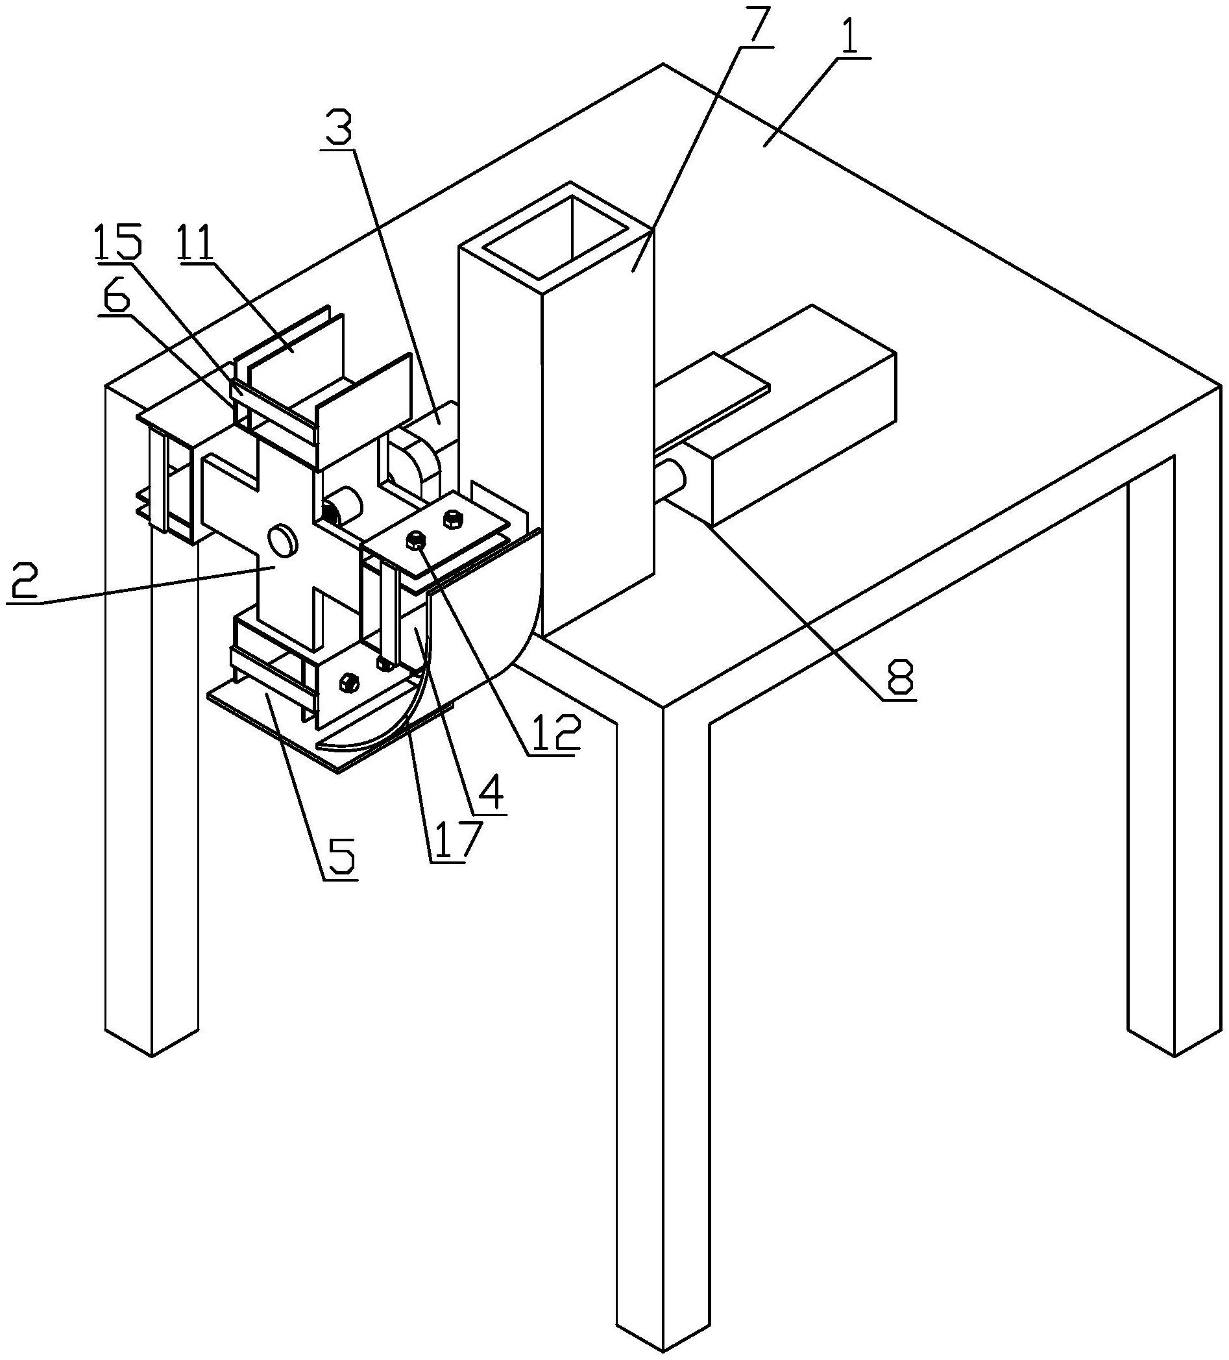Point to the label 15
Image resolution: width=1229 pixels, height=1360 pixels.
click(118, 243)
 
